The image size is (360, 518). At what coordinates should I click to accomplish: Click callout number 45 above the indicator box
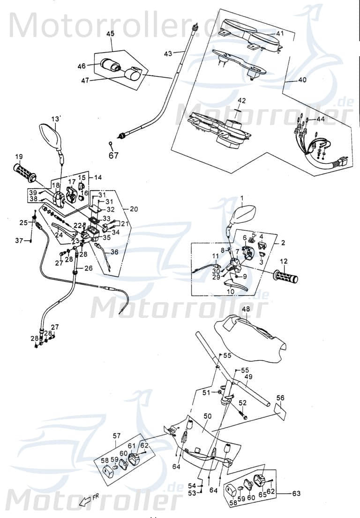click(x=111, y=34)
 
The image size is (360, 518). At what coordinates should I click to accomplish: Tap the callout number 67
click(x=113, y=156)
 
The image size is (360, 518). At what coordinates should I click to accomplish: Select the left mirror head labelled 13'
click(x=50, y=134)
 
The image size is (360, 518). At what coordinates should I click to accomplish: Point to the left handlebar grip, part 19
click(x=25, y=172)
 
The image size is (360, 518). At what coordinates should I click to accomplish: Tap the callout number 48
click(x=246, y=309)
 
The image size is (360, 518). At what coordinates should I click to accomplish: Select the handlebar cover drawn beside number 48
click(x=248, y=333)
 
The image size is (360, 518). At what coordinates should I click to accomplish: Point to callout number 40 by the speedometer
click(x=302, y=80)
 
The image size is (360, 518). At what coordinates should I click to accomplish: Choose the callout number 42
click(x=241, y=101)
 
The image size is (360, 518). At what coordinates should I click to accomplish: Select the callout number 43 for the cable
click(x=168, y=53)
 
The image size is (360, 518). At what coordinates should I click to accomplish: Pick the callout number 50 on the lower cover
click(x=208, y=416)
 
